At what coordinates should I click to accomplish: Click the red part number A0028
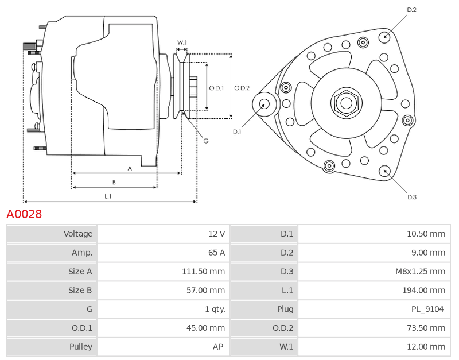[x=24, y=214]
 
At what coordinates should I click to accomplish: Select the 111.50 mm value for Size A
[x=204, y=272]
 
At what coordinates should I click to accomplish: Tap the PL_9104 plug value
[x=427, y=309]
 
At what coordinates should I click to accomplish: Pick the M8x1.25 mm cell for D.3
[x=420, y=272]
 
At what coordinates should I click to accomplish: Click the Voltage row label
[x=78, y=234]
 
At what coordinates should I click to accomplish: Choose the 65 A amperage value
[x=217, y=253]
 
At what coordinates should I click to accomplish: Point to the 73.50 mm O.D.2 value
[x=426, y=328]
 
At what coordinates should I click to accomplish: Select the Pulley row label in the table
[x=81, y=347]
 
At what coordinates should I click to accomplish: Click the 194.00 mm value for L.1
[x=423, y=291]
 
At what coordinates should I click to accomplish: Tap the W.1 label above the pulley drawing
[x=182, y=42]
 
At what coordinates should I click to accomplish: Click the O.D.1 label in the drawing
[x=217, y=88]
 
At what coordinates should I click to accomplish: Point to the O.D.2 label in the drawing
[x=242, y=88]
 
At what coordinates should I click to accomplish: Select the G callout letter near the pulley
[x=206, y=141]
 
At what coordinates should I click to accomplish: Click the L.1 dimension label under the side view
[x=108, y=196]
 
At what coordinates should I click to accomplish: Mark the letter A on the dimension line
[x=130, y=168]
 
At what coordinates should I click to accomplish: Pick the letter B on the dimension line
[x=114, y=182]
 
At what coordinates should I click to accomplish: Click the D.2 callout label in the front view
[x=411, y=10]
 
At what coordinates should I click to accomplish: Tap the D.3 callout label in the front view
[x=412, y=197]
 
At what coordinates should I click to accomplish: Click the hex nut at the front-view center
[x=347, y=103]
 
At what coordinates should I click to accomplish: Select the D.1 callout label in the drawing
[x=237, y=132]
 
